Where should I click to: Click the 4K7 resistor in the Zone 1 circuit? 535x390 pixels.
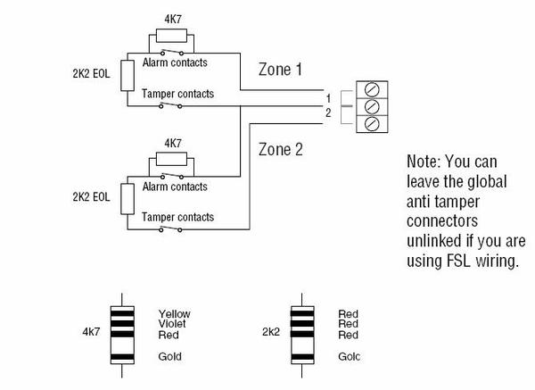pyautogui.click(x=171, y=37)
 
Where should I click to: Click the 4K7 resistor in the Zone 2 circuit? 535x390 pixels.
pyautogui.click(x=171, y=158)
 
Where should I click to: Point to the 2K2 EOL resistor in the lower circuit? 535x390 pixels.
pyautogui.click(x=127, y=197)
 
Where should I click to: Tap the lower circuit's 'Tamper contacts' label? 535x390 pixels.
pyautogui.click(x=178, y=217)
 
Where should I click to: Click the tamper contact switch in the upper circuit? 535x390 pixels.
pyautogui.click(x=169, y=107)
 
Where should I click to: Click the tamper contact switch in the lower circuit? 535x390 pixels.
pyautogui.click(x=169, y=229)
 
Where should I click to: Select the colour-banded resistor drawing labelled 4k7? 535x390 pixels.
pyautogui.click(x=122, y=334)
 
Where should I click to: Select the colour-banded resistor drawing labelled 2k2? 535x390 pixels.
pyautogui.click(x=301, y=334)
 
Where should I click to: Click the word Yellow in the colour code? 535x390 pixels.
pyautogui.click(x=175, y=314)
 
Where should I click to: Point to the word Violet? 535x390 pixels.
pyautogui.click(x=173, y=324)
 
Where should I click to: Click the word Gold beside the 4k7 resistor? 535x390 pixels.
pyautogui.click(x=169, y=355)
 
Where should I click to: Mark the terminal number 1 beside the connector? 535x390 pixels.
pyautogui.click(x=328, y=95)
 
